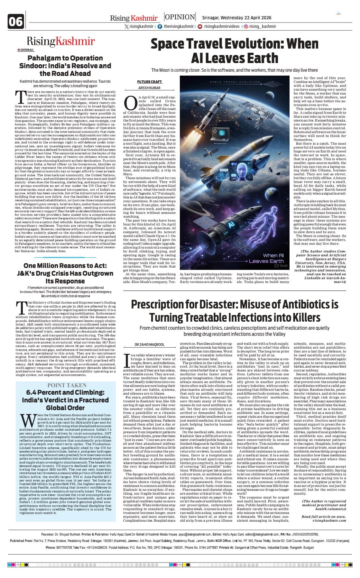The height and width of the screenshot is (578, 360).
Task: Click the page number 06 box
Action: tap(16, 21)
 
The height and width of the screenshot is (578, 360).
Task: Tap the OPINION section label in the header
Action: tap(180, 17)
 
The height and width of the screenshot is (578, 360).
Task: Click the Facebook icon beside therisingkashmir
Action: tap(160, 27)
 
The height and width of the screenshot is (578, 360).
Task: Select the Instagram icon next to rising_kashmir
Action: tap(245, 27)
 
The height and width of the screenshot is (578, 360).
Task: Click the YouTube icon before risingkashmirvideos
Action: tap(200, 27)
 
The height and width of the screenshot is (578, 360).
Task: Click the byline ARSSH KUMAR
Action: tap(149, 88)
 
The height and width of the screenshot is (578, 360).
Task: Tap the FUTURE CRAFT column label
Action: tap(149, 82)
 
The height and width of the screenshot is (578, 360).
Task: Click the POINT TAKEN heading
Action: tap(67, 385)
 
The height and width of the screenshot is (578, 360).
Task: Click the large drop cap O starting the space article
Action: tap(131, 104)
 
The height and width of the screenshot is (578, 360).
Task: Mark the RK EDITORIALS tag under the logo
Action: tap(25, 50)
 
